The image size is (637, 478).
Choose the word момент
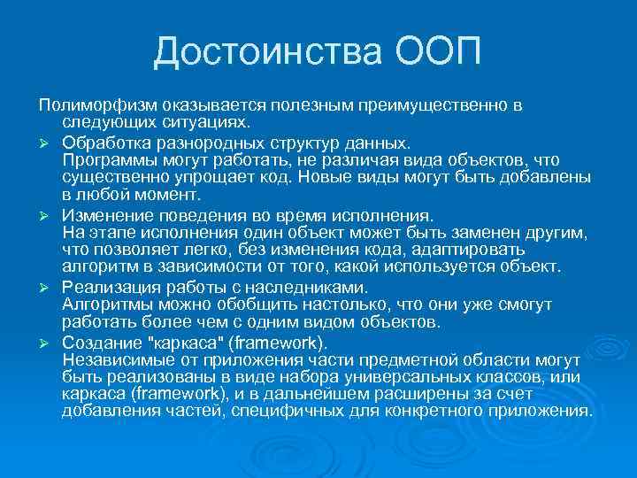pyautogui.click(x=171, y=194)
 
